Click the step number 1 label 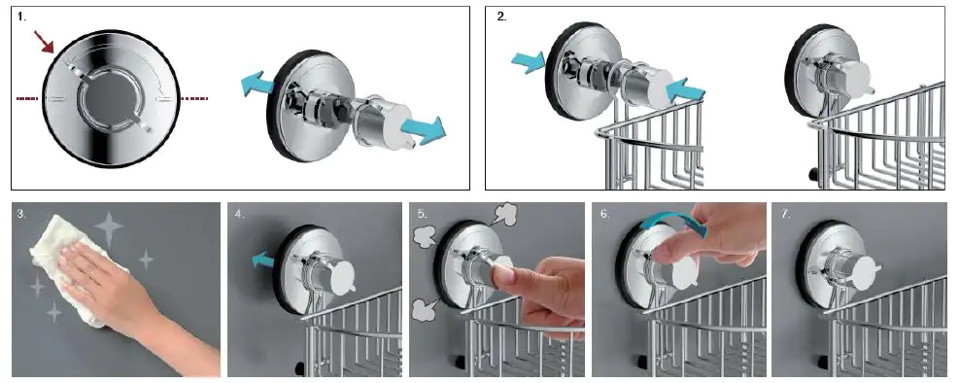click(21, 17)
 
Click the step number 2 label click(501, 17)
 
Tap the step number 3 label click(21, 214)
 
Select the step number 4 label click(239, 214)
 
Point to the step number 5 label click(422, 214)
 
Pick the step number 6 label click(603, 214)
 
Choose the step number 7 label click(786, 214)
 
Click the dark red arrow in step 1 click(44, 41)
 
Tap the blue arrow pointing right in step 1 click(423, 127)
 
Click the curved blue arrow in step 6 click(673, 221)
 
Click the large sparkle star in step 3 click(109, 229)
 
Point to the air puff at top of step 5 click(504, 216)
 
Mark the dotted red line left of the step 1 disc click(27, 98)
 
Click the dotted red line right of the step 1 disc click(194, 98)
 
